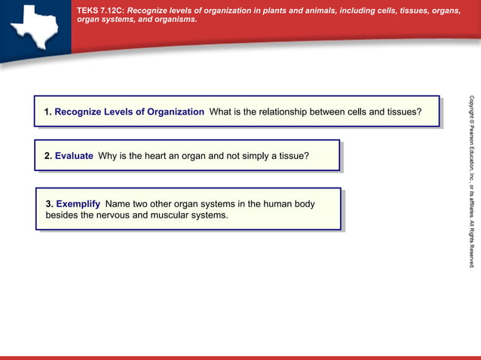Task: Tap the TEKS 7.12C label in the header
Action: point(100,10)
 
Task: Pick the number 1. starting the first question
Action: point(47,111)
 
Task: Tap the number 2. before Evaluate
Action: point(47,156)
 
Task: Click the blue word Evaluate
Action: point(74,156)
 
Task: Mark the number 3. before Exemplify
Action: point(50,203)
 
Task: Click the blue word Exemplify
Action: point(78,203)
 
